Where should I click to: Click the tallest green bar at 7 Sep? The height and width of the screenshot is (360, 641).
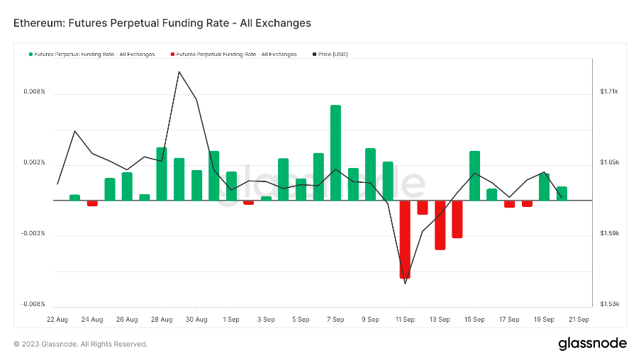[x=335, y=152]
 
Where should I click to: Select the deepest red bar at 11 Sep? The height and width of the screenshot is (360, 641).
[x=405, y=240]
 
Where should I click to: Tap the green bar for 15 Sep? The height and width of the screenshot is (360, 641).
[x=474, y=176]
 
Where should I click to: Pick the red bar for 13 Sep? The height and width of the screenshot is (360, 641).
[x=440, y=225]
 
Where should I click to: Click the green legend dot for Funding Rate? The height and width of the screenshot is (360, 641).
[x=30, y=55]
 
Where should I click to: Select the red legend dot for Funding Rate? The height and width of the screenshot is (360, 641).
[x=172, y=55]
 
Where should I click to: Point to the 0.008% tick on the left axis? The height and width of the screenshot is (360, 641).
[x=34, y=92]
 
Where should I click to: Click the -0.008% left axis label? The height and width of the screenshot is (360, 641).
[x=33, y=304]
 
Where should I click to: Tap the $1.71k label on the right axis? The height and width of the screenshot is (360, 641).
[x=609, y=92]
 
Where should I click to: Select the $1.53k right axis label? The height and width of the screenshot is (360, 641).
[x=609, y=304]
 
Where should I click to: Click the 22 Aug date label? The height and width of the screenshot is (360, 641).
[x=57, y=320]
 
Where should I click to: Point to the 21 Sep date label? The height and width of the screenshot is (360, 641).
[x=579, y=320]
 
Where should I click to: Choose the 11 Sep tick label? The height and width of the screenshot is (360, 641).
[x=405, y=320]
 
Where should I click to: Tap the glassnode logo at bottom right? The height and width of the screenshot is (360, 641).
[x=593, y=344]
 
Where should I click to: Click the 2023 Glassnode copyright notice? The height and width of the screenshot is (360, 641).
[x=81, y=344]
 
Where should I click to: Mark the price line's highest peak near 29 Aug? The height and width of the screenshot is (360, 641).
[x=179, y=72]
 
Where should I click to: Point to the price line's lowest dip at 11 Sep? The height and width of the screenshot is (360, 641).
[x=405, y=283]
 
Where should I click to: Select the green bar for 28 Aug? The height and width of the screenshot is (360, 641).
[x=162, y=174]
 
